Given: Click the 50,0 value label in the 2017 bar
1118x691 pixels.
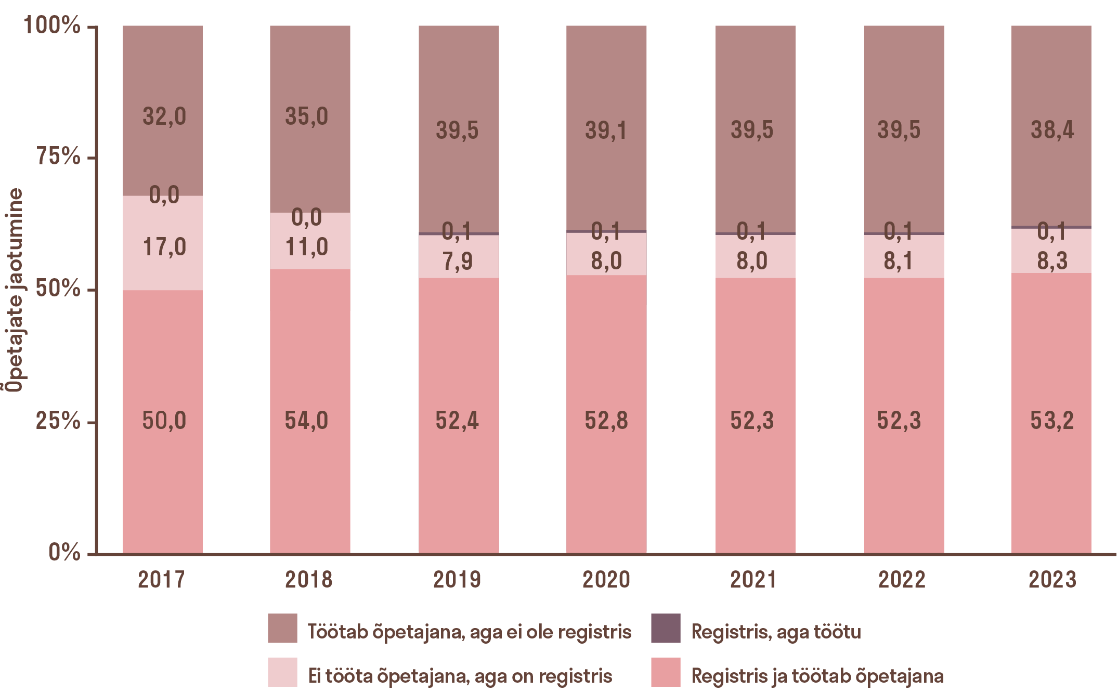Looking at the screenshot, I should click(x=164, y=420).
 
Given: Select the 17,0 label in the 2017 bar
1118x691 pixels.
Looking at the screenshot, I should click(x=164, y=247).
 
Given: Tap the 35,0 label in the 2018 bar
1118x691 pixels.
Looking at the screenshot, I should click(x=306, y=116).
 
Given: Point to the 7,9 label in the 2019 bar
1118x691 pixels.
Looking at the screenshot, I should click(x=458, y=261).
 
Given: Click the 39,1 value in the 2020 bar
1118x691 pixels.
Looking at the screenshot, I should click(x=606, y=130).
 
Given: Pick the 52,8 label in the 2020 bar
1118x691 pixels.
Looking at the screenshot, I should click(x=606, y=420).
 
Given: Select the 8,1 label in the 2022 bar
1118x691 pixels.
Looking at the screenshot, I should click(x=898, y=260).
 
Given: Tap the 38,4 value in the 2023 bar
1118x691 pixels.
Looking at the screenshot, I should click(x=1052, y=130).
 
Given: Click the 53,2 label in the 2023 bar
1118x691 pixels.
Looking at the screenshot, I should click(x=1052, y=420).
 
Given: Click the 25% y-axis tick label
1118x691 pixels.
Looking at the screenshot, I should click(x=58, y=421).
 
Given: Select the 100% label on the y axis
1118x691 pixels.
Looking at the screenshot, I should click(x=52, y=25).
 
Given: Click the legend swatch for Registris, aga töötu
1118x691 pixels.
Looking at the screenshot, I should click(x=666, y=628).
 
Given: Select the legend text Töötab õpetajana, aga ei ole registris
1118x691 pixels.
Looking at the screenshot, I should click(x=469, y=632).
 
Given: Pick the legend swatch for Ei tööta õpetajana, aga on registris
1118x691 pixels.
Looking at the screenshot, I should click(x=282, y=672).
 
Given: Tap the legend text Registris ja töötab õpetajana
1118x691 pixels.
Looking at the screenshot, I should click(x=817, y=676).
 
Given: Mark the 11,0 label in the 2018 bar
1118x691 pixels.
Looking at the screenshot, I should click(x=306, y=247).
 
